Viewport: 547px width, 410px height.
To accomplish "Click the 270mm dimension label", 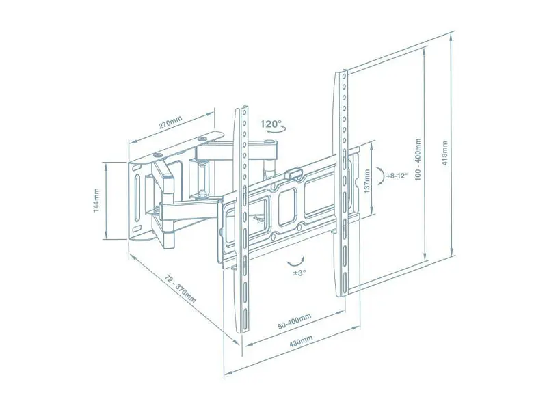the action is [x=171, y=122].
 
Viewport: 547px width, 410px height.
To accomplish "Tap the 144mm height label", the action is [x=96, y=200].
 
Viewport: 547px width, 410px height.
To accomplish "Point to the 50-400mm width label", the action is [x=295, y=321].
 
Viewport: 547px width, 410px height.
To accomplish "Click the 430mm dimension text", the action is [x=301, y=342].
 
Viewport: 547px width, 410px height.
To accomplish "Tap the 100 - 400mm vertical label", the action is [x=418, y=159].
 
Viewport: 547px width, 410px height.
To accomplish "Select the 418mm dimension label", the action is [x=444, y=152].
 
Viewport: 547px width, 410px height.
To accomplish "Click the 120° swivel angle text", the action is [x=271, y=124].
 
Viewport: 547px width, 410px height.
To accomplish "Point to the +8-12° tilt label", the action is [x=397, y=176].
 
